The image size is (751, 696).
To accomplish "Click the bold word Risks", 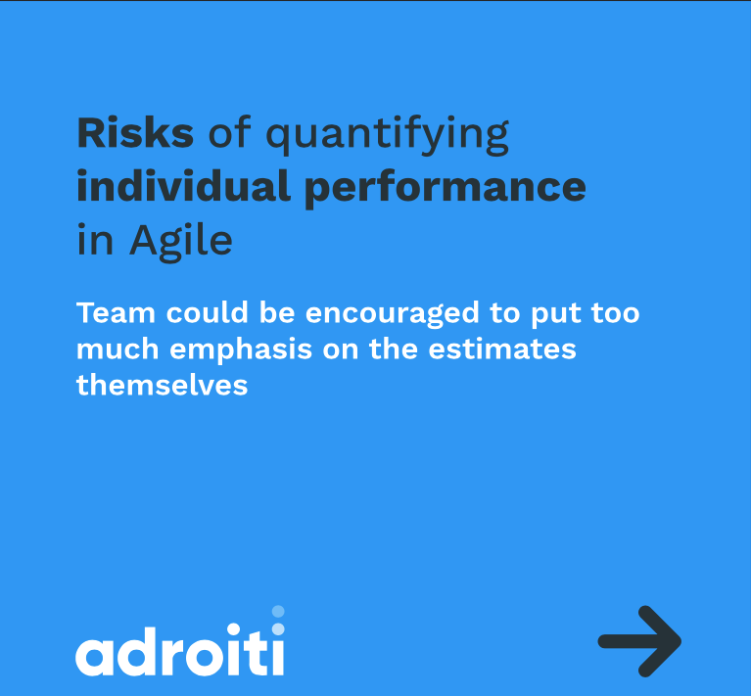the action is (x=135, y=132).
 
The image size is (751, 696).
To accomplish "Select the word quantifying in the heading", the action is (x=387, y=135).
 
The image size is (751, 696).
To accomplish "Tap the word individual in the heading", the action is (x=183, y=186).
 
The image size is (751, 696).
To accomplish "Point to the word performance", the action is (x=445, y=189).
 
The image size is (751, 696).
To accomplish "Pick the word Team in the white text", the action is (x=116, y=313).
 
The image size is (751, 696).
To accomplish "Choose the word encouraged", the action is (x=393, y=315).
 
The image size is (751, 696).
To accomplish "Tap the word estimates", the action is (x=502, y=349).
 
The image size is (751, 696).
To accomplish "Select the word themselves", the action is (x=162, y=385).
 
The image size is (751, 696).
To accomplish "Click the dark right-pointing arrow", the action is (x=639, y=641).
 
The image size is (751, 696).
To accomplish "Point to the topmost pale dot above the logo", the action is (x=278, y=611).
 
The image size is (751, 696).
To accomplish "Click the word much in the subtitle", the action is (x=117, y=348).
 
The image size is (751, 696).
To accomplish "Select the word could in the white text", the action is (x=207, y=313).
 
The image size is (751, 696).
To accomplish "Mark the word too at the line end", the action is (x=616, y=314).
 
